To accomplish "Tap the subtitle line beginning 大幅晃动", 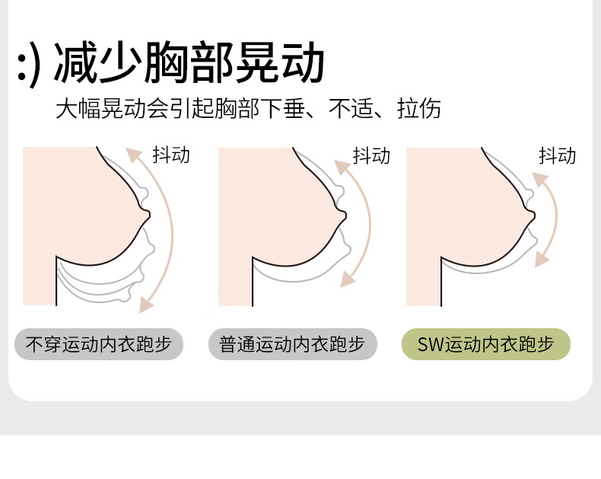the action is pyautogui.click(x=248, y=108).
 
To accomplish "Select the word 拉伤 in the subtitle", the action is pyautogui.click(x=419, y=108).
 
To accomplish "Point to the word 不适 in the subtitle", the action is pyautogui.click(x=351, y=108).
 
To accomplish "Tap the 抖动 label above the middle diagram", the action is pyautogui.click(x=371, y=155).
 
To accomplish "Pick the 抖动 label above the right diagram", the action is pyautogui.click(x=558, y=155).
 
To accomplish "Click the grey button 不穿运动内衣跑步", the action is pyautogui.click(x=99, y=344).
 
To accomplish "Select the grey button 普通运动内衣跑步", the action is pyautogui.click(x=293, y=344).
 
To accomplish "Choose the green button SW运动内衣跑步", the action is pyautogui.click(x=486, y=344).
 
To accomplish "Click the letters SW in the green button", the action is pyautogui.click(x=431, y=344).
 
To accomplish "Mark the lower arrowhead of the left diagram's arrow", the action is pyautogui.click(x=145, y=305).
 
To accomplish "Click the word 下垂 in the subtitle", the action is pyautogui.click(x=282, y=108).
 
